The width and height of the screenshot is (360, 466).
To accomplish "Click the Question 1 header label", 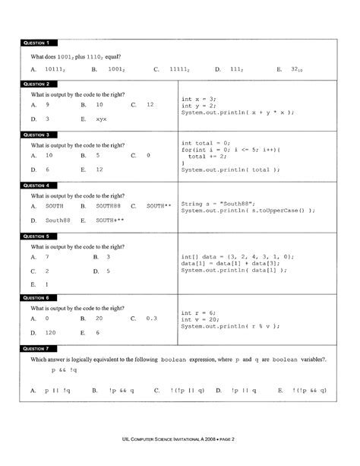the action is (x=36, y=44).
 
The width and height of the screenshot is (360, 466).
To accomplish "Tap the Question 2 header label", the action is (x=36, y=84).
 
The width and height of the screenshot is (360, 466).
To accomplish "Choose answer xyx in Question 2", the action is (x=101, y=120).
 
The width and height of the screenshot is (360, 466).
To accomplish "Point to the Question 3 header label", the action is (x=36, y=135).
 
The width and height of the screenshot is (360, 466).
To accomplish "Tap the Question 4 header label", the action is (x=36, y=185).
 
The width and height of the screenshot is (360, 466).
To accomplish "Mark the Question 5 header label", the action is (x=36, y=236).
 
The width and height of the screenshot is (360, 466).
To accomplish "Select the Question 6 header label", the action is (x=36, y=297).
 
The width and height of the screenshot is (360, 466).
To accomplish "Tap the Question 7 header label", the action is (x=36, y=347).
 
